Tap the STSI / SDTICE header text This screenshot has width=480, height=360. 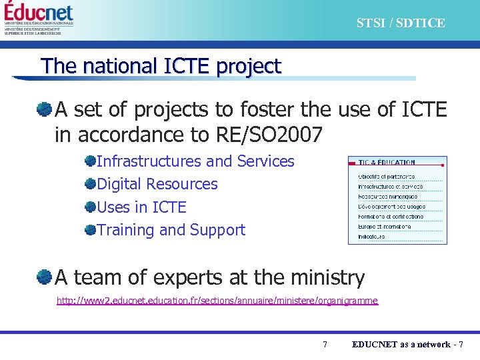400,23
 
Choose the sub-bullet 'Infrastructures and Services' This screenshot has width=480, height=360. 195,161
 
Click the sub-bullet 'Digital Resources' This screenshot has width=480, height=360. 157,184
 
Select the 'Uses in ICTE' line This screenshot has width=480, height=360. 141,207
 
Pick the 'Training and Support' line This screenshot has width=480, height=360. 171,230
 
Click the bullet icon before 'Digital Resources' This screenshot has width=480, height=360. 90,183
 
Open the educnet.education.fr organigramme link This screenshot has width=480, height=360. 217,301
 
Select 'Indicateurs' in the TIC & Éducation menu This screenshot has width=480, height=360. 371,237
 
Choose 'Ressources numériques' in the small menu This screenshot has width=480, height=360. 388,197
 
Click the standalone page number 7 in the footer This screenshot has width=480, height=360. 325,344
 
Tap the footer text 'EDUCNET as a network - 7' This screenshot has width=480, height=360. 407,344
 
